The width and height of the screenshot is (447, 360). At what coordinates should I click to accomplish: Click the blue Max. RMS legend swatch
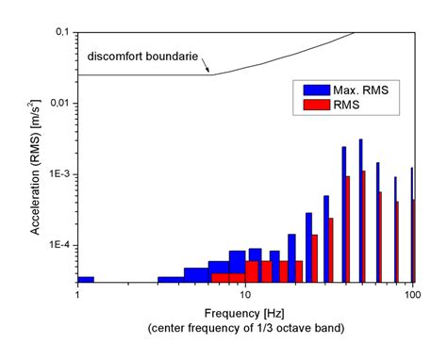point(316,90)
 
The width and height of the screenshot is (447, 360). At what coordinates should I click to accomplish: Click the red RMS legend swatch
point(316,106)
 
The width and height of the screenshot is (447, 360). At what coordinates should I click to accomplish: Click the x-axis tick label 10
point(244,295)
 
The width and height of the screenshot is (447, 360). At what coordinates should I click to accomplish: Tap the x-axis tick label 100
point(412,295)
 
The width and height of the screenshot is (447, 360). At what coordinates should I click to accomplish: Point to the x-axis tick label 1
point(77,295)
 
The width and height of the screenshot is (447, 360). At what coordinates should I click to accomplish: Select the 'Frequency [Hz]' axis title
point(244,313)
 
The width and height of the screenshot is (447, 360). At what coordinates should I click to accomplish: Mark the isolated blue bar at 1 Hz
point(85,279)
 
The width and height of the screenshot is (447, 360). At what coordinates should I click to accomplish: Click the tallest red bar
point(364,226)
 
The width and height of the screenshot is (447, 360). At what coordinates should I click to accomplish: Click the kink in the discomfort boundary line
point(210,74)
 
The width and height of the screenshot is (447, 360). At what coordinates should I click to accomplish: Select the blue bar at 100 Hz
point(412,226)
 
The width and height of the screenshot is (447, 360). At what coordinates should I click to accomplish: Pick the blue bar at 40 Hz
point(343,213)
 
